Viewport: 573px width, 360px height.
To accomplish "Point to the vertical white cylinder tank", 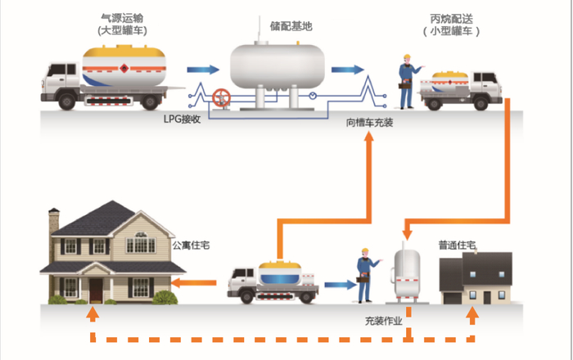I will (x=407, y=271).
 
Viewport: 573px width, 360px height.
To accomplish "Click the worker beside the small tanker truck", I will (x=405, y=81).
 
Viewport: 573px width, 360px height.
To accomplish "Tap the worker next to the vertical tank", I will (x=363, y=276).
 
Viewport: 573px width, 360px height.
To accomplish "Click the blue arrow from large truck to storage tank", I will (x=204, y=70).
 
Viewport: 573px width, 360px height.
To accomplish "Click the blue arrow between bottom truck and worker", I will (x=336, y=285).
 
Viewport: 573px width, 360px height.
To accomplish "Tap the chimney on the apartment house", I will (x=54, y=221).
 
